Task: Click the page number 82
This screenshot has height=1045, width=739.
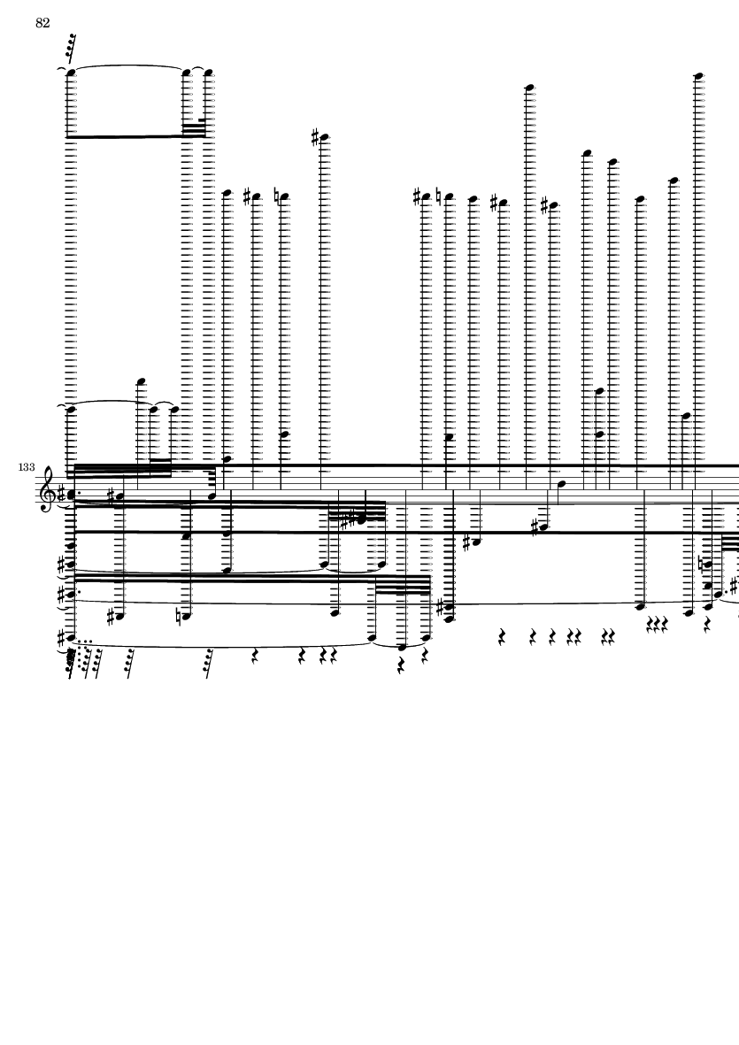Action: click(42, 23)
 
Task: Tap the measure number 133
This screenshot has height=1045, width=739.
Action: click(27, 467)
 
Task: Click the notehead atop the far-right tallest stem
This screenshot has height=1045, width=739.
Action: click(698, 77)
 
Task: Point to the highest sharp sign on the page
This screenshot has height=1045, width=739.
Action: click(316, 137)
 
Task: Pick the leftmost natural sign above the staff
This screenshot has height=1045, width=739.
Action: click(277, 196)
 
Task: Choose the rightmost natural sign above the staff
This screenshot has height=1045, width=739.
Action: click(439, 196)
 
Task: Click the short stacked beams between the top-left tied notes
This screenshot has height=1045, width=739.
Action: click(194, 128)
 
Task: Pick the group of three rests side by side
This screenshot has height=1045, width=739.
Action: click(657, 624)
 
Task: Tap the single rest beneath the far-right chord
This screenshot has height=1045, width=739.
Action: click(708, 625)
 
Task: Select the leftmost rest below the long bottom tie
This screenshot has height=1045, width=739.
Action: click(255, 657)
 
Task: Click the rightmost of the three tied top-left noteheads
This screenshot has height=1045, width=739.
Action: click(208, 73)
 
